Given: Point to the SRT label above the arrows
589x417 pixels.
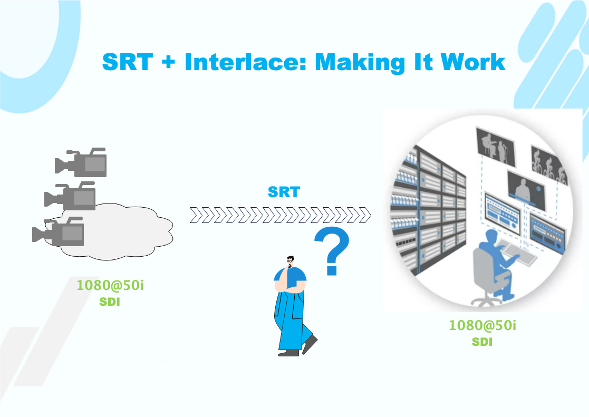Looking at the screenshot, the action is click(x=284, y=192).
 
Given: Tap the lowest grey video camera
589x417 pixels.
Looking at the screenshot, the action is click(x=61, y=231).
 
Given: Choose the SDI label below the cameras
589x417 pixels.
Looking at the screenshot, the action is click(x=110, y=303).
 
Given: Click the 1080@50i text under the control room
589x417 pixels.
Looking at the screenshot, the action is click(x=482, y=325).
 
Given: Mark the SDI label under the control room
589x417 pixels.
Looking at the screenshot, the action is click(x=482, y=342).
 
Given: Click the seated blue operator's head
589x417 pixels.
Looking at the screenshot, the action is click(x=490, y=237).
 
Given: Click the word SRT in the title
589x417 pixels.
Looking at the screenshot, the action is click(x=127, y=62).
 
